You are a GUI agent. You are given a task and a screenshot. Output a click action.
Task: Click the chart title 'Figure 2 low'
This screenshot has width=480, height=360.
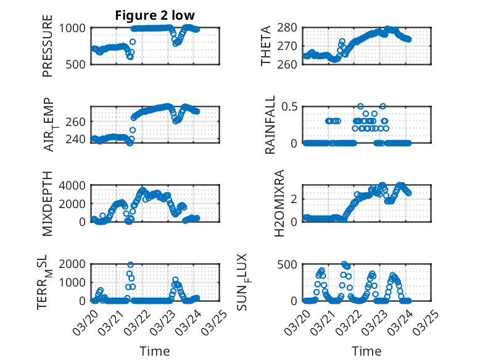pyautogui.click(x=155, y=15)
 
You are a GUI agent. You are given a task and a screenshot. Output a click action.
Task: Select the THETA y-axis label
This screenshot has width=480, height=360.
pyautogui.click(x=266, y=46)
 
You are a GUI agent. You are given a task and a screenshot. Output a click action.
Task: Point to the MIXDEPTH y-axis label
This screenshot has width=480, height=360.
pyautogui.click(x=48, y=204)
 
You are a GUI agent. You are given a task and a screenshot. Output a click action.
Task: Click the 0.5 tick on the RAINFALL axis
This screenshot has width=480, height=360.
pyautogui.click(x=290, y=106)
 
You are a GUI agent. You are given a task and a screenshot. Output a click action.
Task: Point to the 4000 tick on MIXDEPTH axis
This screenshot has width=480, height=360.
pyautogui.click(x=75, y=185)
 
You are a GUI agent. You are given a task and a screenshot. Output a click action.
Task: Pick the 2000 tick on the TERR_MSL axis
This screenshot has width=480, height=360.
pyautogui.click(x=75, y=264)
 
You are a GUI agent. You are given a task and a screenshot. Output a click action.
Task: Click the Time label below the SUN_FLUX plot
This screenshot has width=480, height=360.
pyautogui.click(x=366, y=351)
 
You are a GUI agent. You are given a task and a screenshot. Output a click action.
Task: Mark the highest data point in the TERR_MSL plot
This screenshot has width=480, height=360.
pyautogui.click(x=130, y=264)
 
